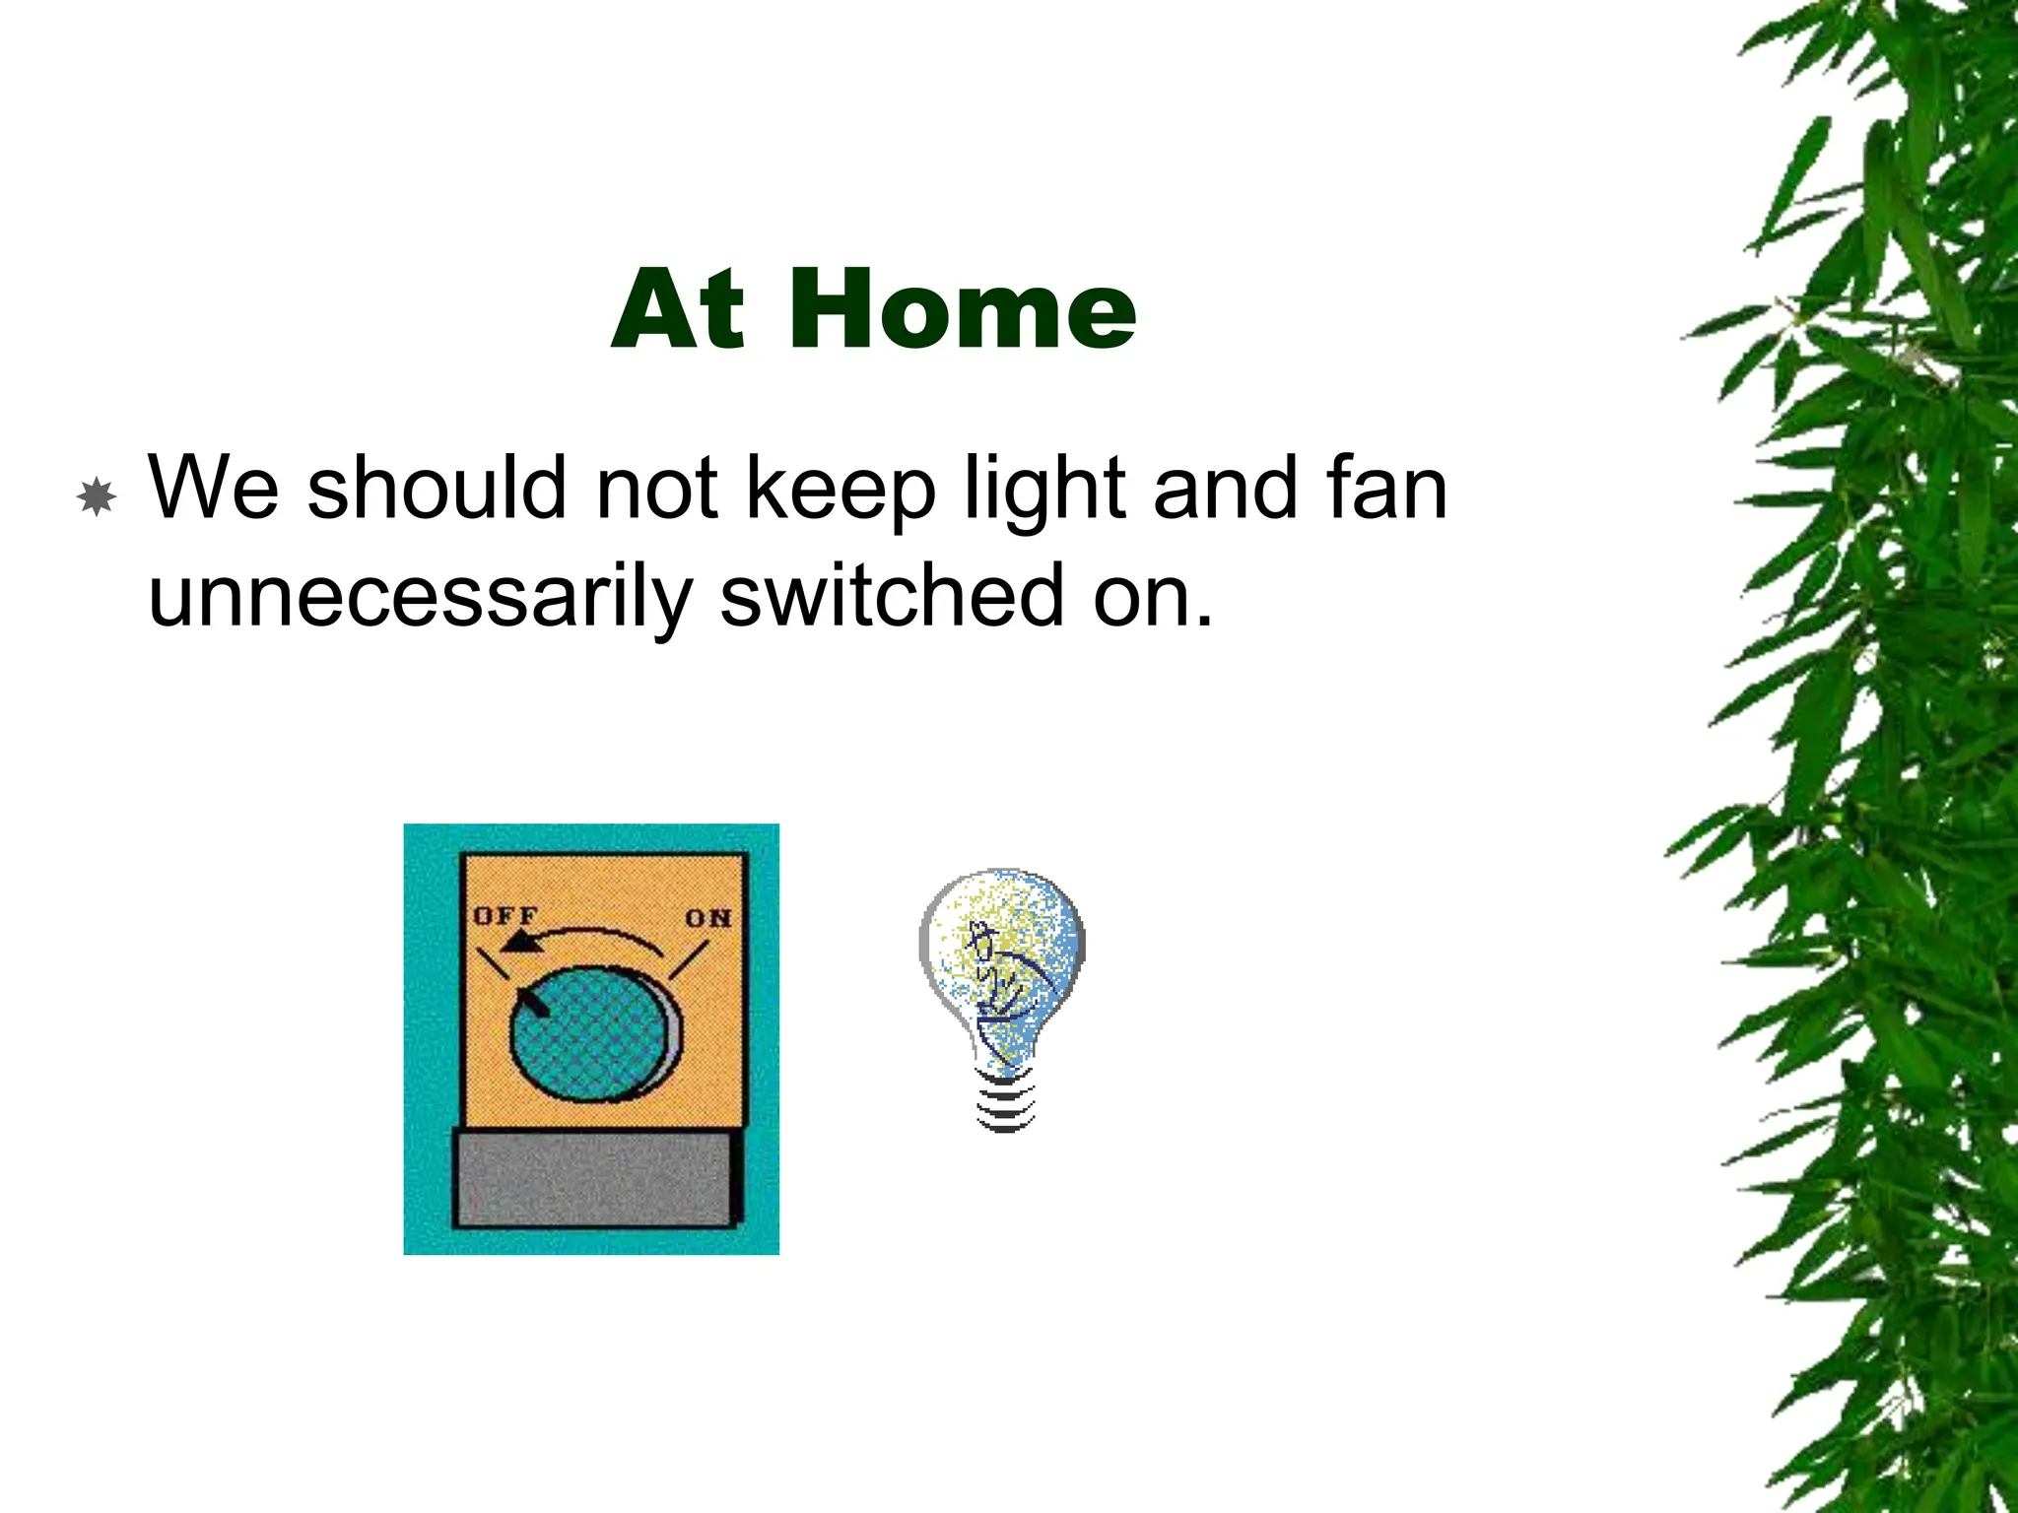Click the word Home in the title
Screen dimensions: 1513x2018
962,309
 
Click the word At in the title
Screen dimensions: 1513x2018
678,309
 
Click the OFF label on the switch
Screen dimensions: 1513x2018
504,915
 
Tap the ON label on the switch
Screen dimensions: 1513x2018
707,918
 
